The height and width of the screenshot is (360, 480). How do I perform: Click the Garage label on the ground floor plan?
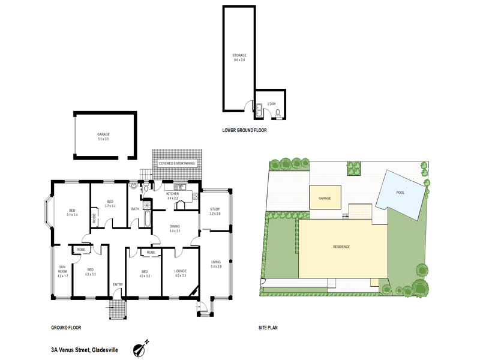(x=103, y=134)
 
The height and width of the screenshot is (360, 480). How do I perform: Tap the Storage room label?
(x=239, y=56)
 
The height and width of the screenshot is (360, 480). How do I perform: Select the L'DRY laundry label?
(x=271, y=104)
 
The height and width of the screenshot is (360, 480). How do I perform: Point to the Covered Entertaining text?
(x=176, y=163)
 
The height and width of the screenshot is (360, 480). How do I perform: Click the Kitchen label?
(x=173, y=194)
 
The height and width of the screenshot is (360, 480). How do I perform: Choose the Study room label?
(x=215, y=209)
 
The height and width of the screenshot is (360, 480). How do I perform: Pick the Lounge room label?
(x=181, y=271)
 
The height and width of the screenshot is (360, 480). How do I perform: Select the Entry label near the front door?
(x=118, y=284)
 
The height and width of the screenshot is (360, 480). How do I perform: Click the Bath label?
(x=135, y=209)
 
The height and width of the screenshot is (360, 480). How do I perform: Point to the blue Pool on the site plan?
(x=401, y=193)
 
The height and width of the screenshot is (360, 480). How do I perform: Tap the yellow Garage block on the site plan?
(x=325, y=197)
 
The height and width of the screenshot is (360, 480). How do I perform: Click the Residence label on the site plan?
(x=341, y=247)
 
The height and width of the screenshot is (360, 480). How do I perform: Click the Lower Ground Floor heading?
(x=244, y=130)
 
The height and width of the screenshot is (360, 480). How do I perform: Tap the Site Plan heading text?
(x=267, y=328)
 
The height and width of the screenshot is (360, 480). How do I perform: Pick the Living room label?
(x=217, y=263)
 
